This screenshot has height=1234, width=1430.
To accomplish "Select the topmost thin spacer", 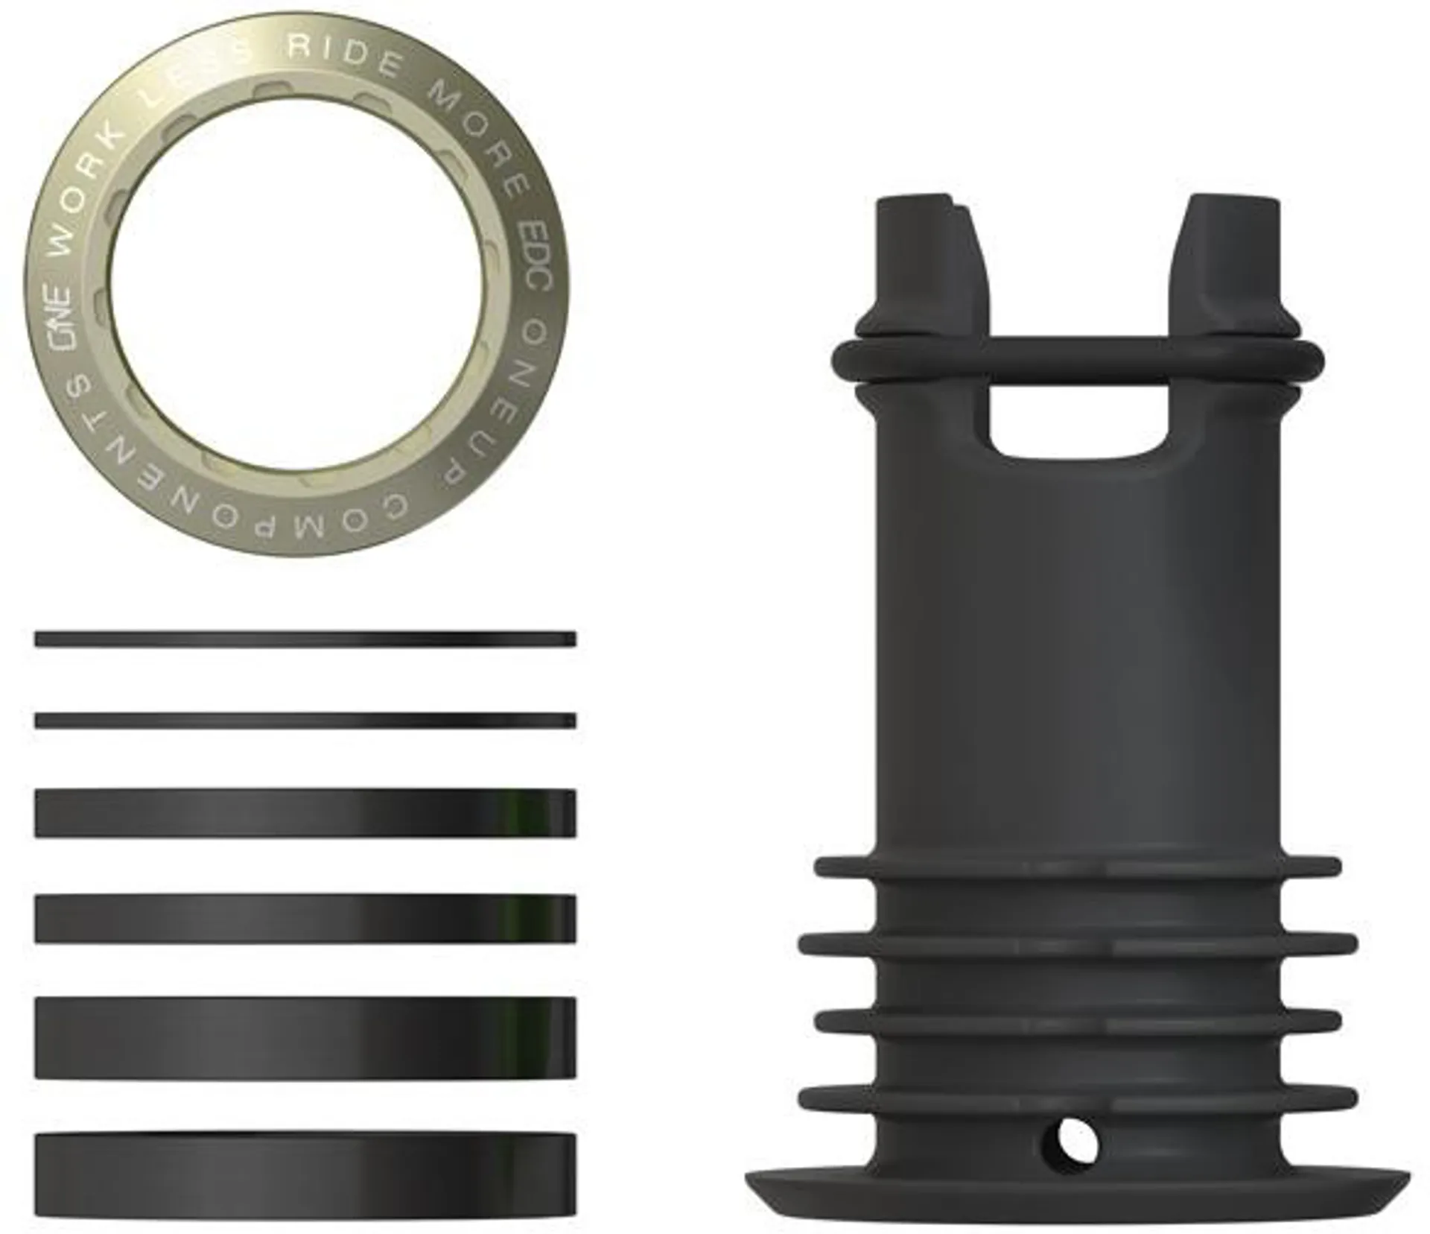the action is point(305,639).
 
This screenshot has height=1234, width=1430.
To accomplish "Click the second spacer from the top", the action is point(305,721).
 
